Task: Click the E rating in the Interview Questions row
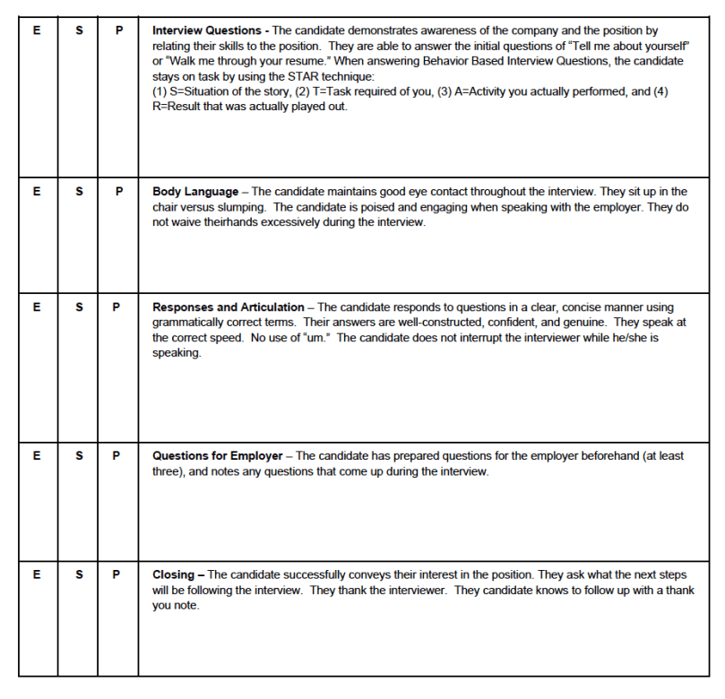36,30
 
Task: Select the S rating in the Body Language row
80,192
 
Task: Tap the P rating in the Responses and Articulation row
117,307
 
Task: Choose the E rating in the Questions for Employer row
36,456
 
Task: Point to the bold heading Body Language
195,192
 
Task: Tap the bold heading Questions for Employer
217,456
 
